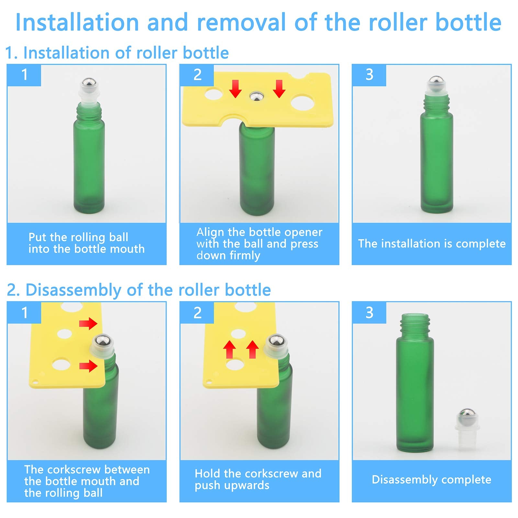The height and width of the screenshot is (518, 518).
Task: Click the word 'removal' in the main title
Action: click(x=241, y=23)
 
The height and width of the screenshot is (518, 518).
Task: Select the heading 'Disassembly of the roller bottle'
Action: click(x=148, y=290)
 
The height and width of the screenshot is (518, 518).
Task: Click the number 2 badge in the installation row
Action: click(x=197, y=75)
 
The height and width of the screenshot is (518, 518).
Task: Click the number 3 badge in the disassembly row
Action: click(x=369, y=312)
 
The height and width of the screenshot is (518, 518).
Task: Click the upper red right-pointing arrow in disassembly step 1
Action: click(x=88, y=323)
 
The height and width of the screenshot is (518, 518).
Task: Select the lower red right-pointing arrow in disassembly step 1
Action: click(x=88, y=366)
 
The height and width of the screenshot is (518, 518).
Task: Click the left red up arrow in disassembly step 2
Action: click(x=230, y=349)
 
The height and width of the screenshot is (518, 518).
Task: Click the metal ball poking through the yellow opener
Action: click(x=256, y=96)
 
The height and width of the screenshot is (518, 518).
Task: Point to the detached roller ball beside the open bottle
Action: click(x=466, y=416)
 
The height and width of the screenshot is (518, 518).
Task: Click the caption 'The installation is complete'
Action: click(x=432, y=244)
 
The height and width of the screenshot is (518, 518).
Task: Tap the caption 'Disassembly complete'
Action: click(x=431, y=479)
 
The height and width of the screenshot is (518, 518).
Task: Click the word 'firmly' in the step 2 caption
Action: click(x=245, y=256)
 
